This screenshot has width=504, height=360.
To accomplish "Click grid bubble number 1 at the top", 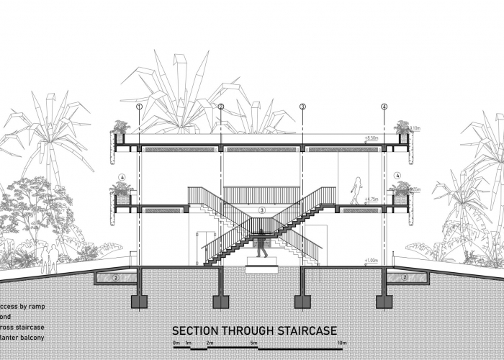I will point(140,107).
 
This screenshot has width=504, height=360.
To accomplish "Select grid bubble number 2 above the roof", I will point(221,107).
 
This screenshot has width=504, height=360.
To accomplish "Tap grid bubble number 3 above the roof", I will point(302,107).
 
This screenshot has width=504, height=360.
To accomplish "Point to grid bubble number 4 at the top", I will point(384,107).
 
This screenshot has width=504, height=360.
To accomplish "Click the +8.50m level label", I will point(373,136).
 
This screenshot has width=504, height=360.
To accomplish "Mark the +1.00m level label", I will point(372,260).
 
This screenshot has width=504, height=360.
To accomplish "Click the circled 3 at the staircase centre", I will point(262,210).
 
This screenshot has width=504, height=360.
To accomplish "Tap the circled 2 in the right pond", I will point(405,277).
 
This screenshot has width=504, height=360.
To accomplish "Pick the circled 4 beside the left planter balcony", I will point(122,176).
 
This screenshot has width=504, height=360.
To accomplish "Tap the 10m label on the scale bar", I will point(342,343).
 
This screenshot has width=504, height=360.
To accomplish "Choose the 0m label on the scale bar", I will point(176,343).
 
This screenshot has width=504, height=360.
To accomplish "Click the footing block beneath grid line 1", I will point(140,300).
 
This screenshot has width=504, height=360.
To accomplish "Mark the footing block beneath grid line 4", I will point(384,300).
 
